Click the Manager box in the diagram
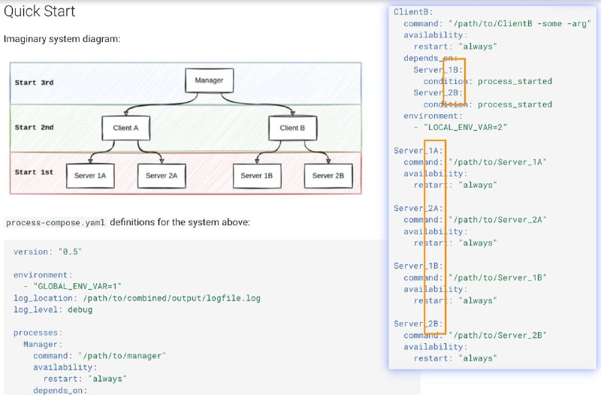point(210,80)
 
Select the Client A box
point(125,128)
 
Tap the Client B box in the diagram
point(293,128)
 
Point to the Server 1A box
point(90,176)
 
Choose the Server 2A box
point(162,176)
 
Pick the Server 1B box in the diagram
point(257,176)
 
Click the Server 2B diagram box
point(328,176)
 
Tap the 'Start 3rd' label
point(34,83)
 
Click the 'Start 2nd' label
point(34,127)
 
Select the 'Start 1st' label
point(34,172)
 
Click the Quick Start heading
point(40,11)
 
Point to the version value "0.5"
point(70,252)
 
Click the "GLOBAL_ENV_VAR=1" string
point(77,286)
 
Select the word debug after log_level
point(80,309)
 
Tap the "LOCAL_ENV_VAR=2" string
point(465,127)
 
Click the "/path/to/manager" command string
point(122,356)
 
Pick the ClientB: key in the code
point(413,12)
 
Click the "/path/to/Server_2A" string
point(497,220)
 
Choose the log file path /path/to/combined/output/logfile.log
point(172,298)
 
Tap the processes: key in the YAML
point(38,333)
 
